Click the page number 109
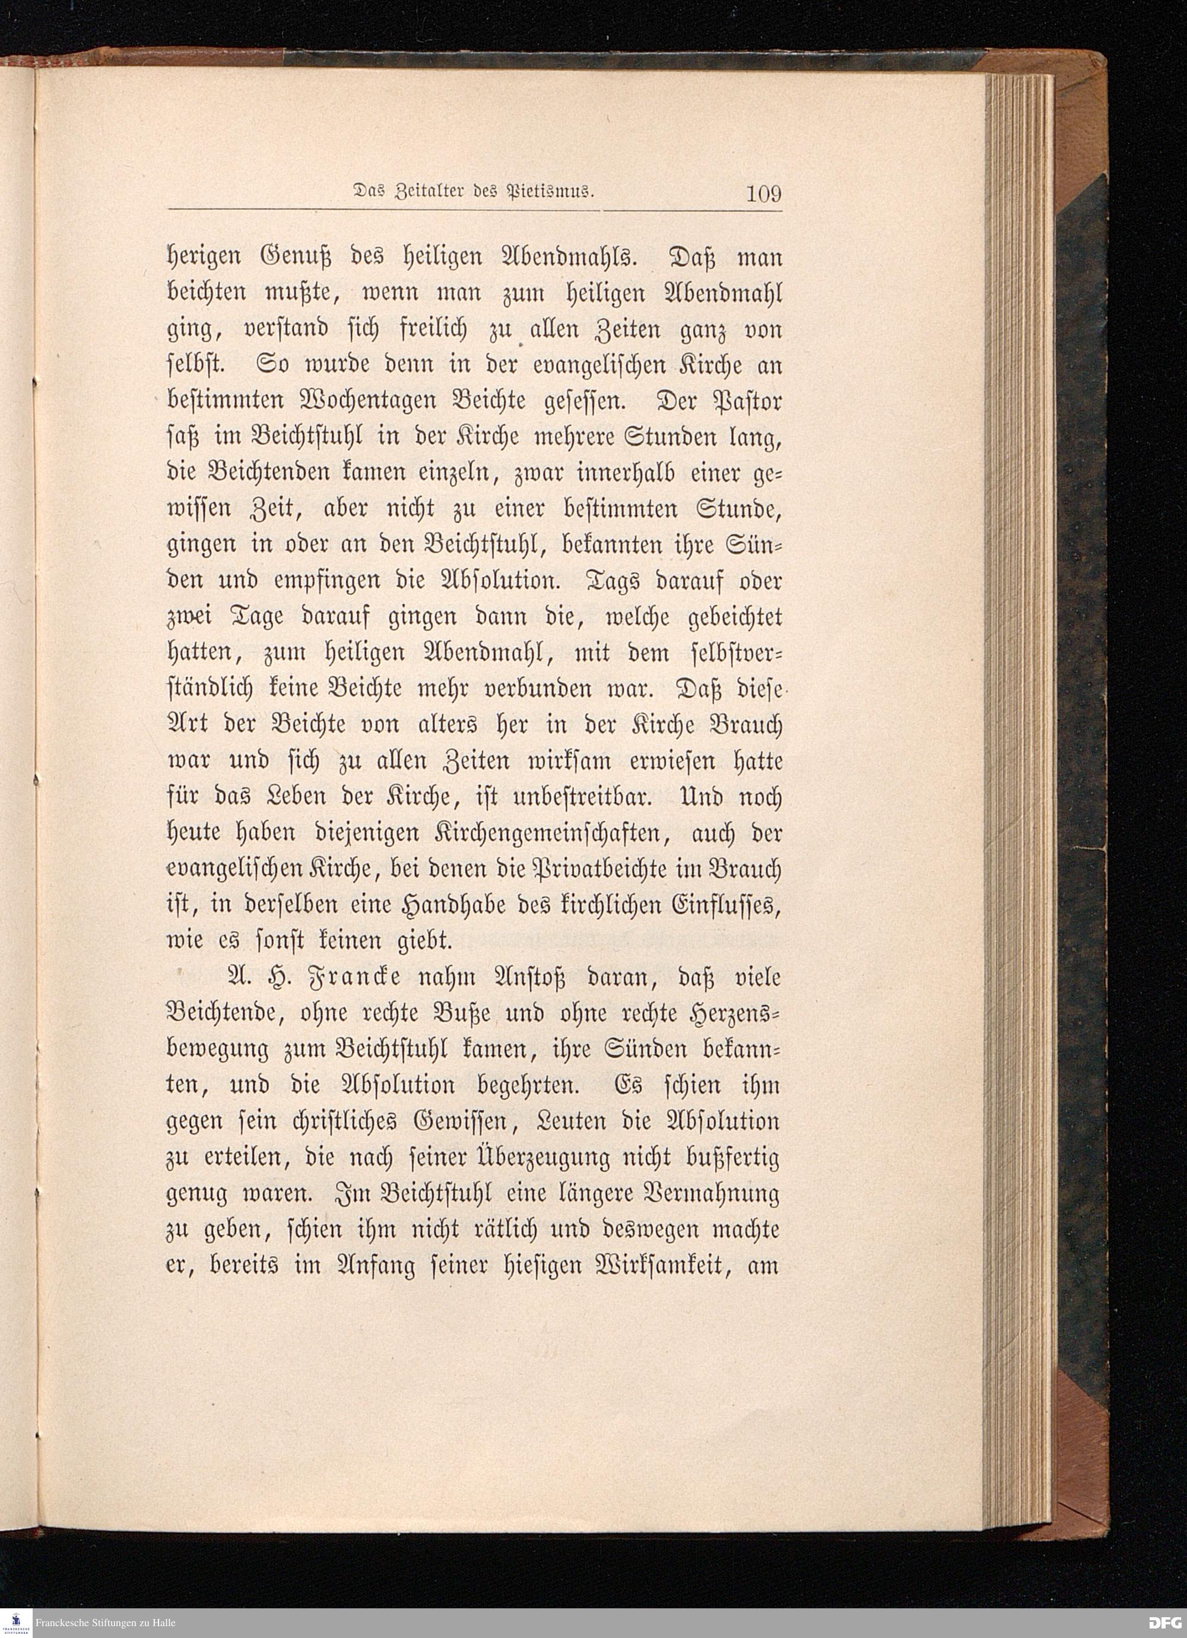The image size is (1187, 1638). pyautogui.click(x=764, y=194)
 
